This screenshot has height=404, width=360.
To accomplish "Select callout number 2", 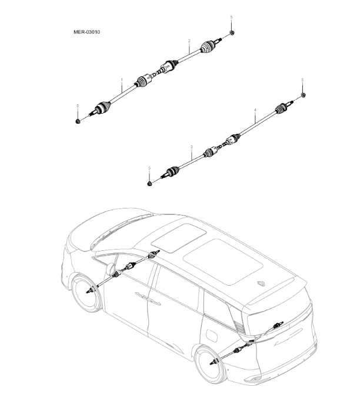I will [189, 41].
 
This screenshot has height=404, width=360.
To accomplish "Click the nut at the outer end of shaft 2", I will [232, 33].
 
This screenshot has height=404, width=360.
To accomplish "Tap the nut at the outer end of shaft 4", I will [303, 95].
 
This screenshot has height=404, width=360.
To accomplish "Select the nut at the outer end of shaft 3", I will [150, 184].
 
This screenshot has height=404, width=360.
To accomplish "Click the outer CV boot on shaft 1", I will [101, 107].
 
